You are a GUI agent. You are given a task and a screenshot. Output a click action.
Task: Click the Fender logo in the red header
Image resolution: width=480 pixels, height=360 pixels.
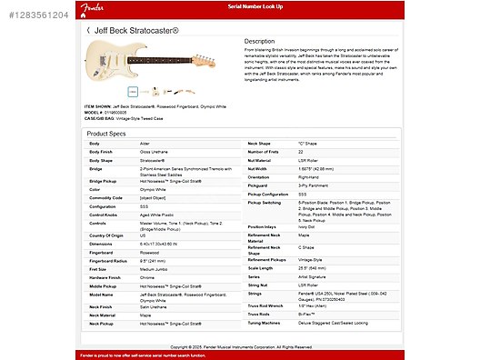tap(93, 7)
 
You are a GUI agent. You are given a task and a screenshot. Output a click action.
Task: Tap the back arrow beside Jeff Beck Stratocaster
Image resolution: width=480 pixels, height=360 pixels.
tap(88, 30)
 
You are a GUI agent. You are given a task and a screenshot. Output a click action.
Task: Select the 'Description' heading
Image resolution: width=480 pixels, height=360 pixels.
tap(259, 41)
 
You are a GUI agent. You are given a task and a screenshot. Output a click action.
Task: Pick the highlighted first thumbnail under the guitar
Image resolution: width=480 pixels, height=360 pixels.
tap(133, 91)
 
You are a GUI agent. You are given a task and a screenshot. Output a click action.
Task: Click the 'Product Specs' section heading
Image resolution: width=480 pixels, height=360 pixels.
tap(105, 133)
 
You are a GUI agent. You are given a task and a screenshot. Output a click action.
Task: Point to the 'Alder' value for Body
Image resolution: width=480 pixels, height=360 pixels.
tap(145, 144)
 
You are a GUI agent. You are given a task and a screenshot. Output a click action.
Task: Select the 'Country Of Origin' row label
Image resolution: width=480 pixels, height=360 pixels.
tap(105, 235)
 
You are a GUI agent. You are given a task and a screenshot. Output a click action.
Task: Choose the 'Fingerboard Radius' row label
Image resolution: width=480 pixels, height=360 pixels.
tap(109, 261)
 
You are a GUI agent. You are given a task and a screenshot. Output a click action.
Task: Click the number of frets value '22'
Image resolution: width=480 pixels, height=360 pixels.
tap(301, 152)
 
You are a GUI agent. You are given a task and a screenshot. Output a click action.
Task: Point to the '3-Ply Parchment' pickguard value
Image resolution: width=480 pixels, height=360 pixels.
tap(314, 185)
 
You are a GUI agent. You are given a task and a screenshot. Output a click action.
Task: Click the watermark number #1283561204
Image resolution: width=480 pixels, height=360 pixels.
tap(34, 15)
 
